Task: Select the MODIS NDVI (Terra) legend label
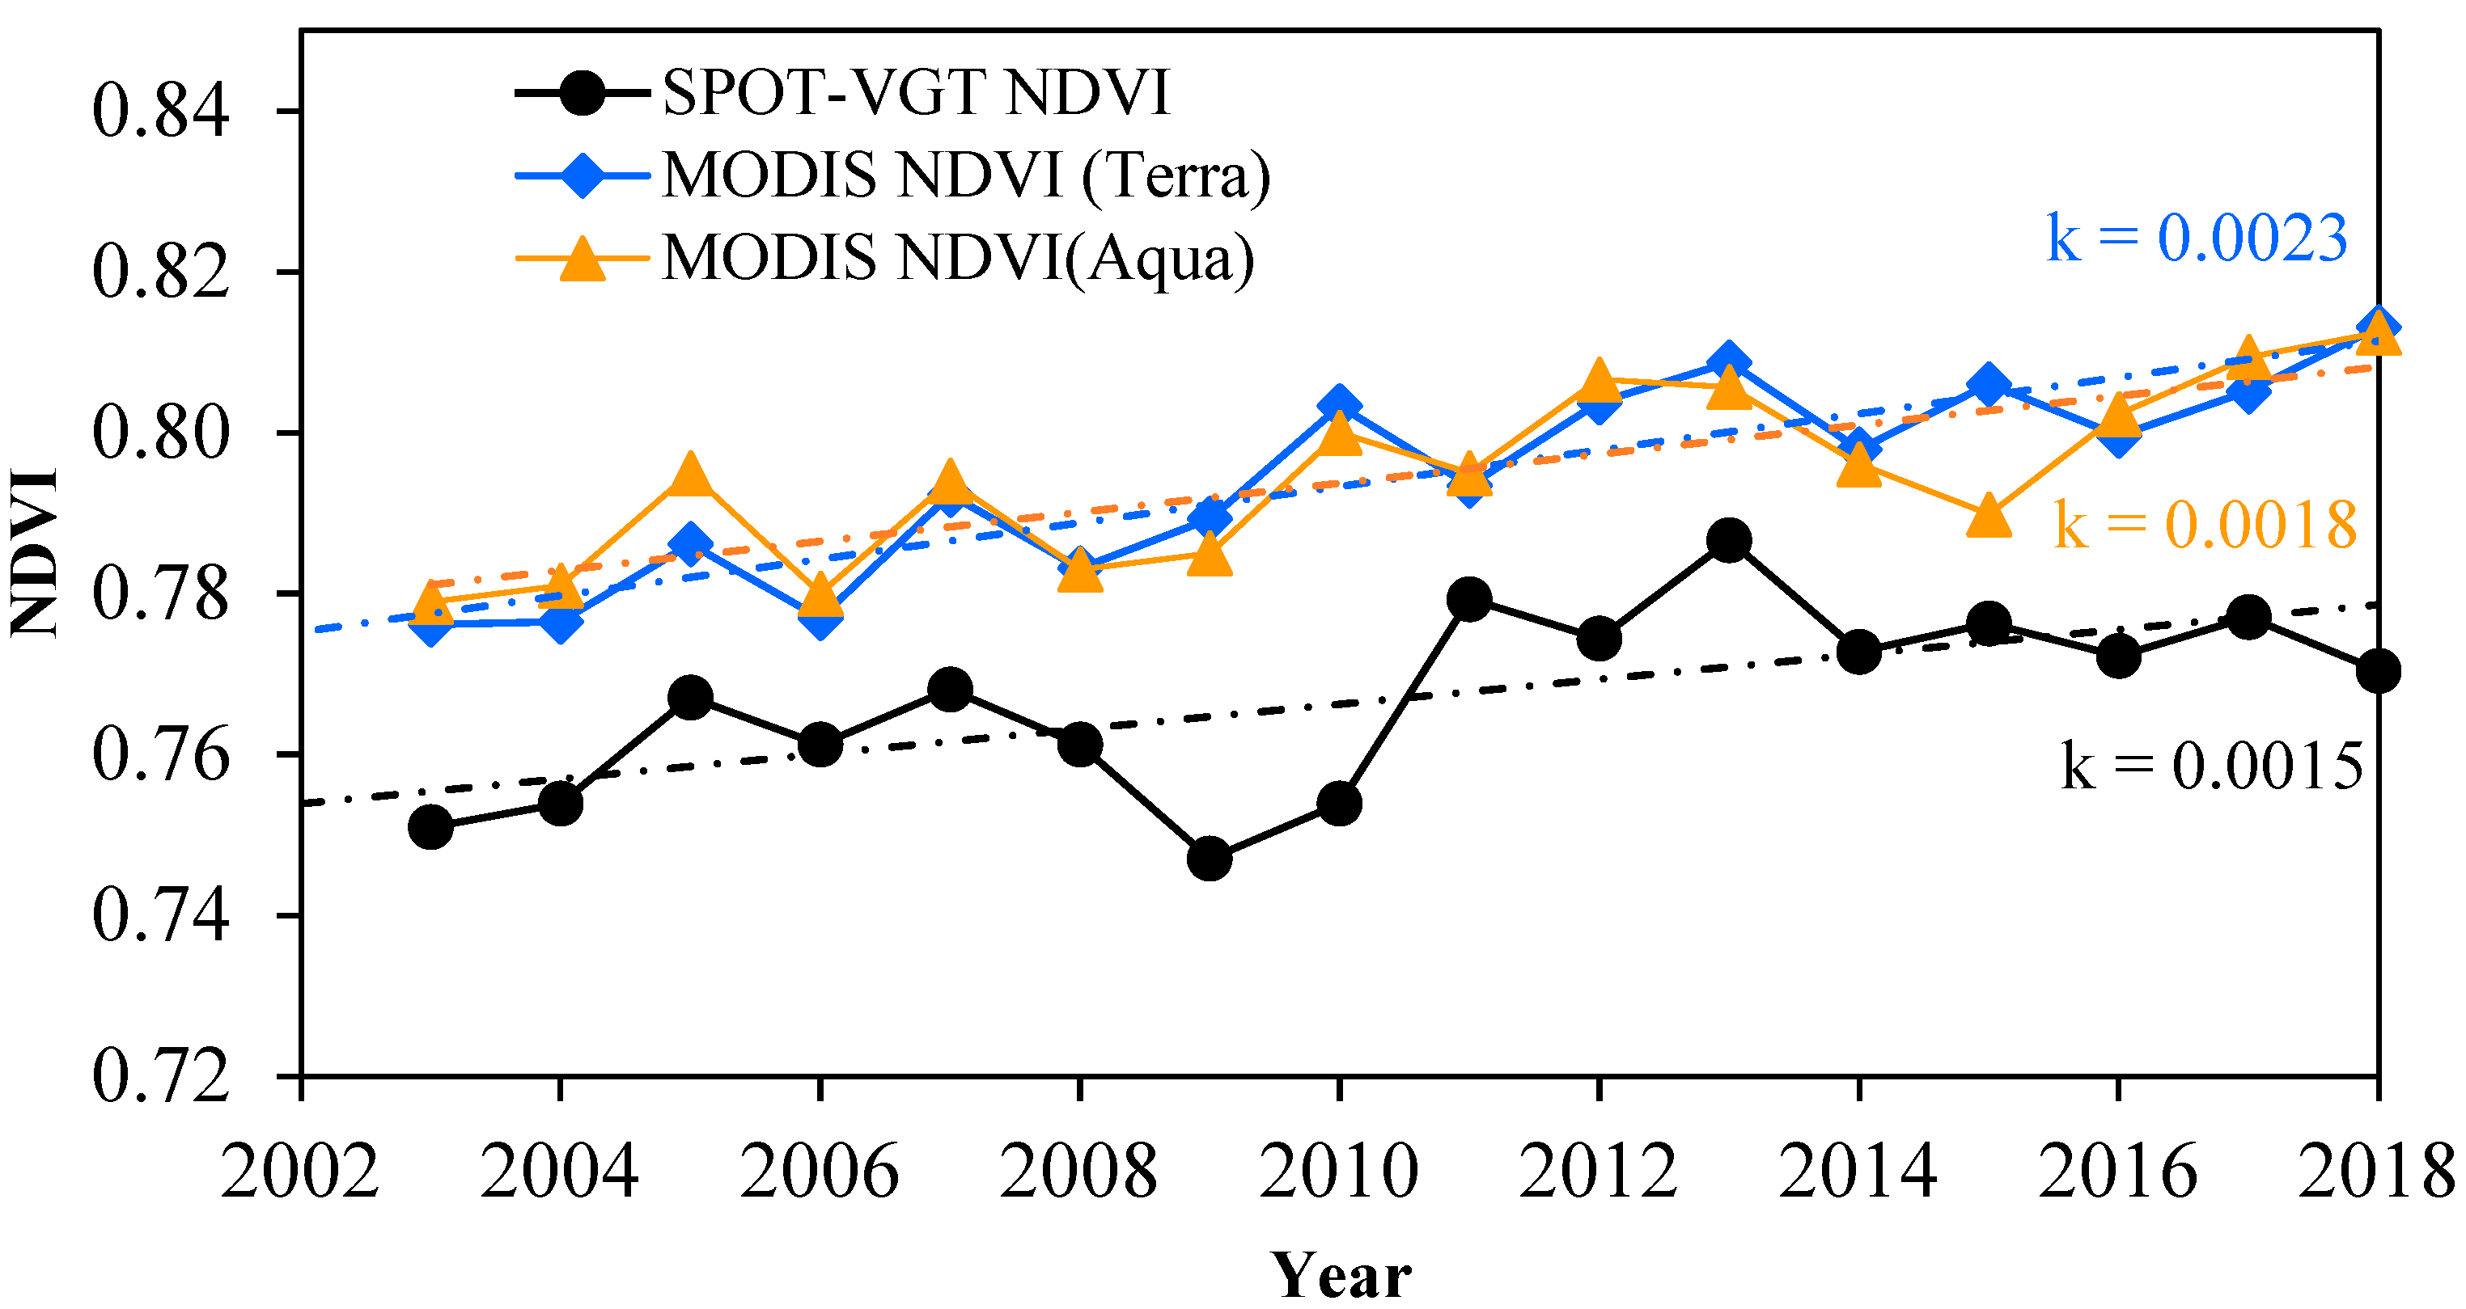pyautogui.click(x=966, y=175)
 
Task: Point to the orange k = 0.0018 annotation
pyautogui.click(x=2205, y=526)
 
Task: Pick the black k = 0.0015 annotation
pyautogui.click(x=2211, y=766)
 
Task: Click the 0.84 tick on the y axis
pyautogui.click(x=161, y=112)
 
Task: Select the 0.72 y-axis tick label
pyautogui.click(x=161, y=1076)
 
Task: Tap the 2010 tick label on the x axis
pyautogui.click(x=1338, y=1172)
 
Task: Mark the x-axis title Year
pyautogui.click(x=1341, y=1276)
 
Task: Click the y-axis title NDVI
pyautogui.click(x=35, y=552)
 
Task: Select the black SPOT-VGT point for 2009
pyautogui.click(x=1209, y=859)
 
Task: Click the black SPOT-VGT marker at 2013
pyautogui.click(x=1729, y=541)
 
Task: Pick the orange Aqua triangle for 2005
pyautogui.click(x=690, y=476)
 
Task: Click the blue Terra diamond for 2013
pyautogui.click(x=1729, y=365)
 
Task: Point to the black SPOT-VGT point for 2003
pyautogui.click(x=430, y=827)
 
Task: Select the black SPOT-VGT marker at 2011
pyautogui.click(x=1468, y=600)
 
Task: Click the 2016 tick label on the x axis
pyautogui.click(x=2117, y=1172)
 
